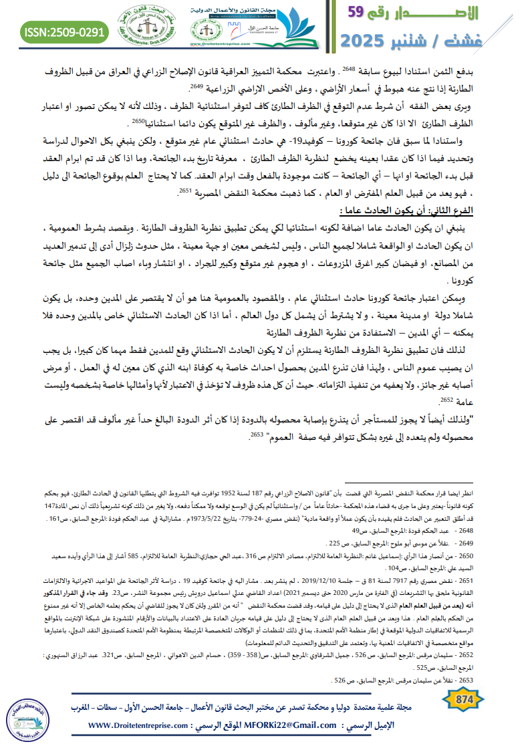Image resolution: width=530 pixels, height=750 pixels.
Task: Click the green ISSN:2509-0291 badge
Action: tap(65, 31)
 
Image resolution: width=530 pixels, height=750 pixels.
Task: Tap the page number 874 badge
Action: tap(463, 699)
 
